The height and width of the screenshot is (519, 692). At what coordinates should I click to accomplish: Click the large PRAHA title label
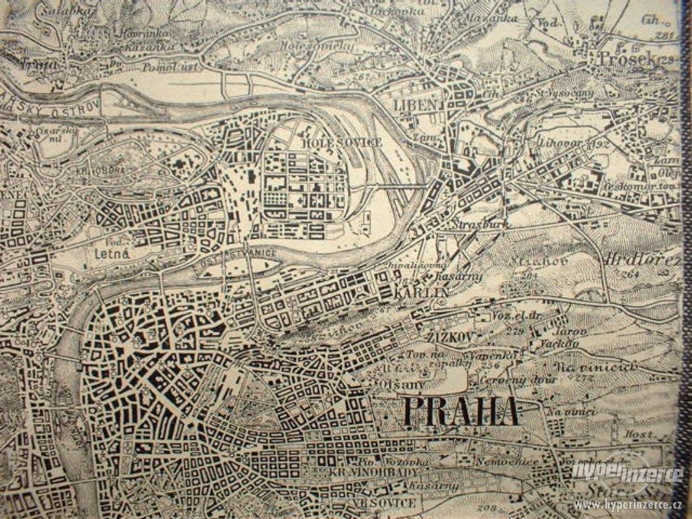[461, 411]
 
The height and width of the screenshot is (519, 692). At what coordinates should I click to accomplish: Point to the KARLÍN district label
[421, 293]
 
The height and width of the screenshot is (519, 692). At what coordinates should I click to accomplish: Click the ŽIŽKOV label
[449, 336]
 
